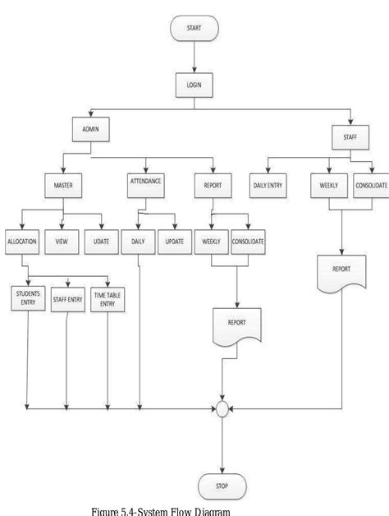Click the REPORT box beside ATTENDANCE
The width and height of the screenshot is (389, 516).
[x=212, y=185]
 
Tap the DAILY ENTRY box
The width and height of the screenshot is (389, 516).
[x=268, y=187]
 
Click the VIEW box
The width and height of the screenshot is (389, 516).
[x=62, y=244]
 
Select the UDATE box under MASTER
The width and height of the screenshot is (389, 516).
[x=100, y=244]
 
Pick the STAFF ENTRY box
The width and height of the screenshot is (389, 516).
[x=67, y=300]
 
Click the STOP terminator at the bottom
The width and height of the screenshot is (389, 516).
[x=222, y=486]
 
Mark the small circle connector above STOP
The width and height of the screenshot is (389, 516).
[x=222, y=408]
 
